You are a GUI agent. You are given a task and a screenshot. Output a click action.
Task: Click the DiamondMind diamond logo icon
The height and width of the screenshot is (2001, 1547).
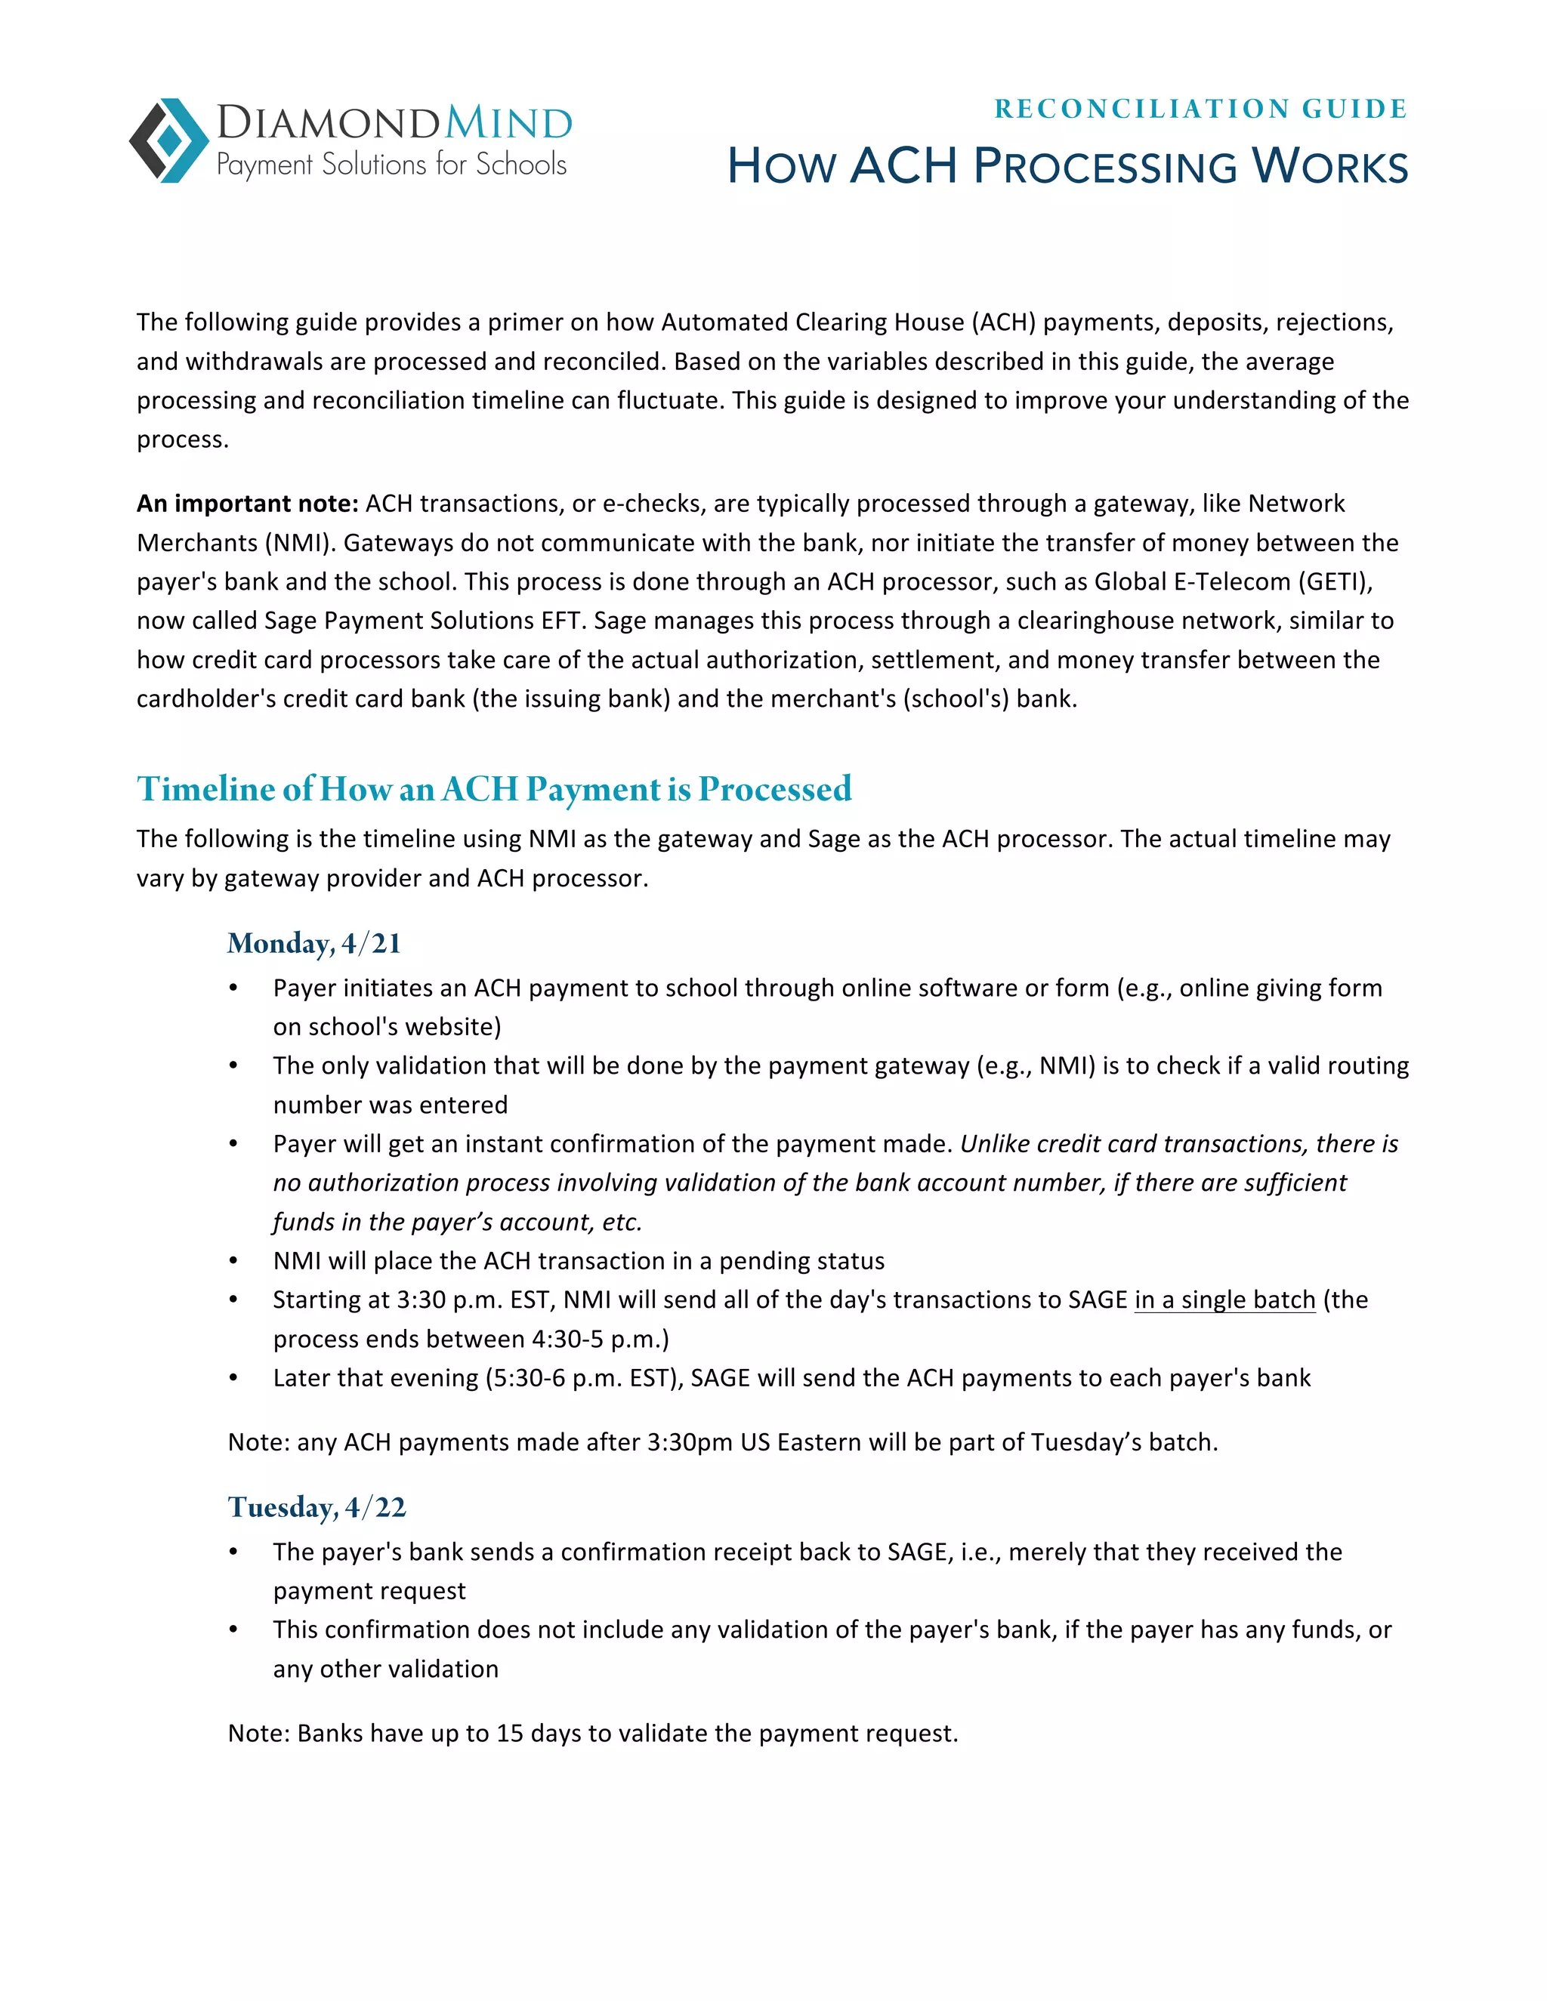tap(169, 140)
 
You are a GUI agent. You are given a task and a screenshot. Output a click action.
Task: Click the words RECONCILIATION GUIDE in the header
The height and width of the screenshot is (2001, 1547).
tap(1200, 109)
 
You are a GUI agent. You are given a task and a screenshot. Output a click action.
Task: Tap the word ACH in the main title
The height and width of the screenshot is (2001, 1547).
tap(903, 167)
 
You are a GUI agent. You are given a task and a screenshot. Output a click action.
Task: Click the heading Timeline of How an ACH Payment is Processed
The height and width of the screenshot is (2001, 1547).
tap(494, 789)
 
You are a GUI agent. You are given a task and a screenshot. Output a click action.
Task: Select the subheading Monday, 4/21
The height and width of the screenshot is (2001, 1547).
tap(313, 944)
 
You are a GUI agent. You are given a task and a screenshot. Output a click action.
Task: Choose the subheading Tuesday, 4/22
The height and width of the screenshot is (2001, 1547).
tap(317, 1507)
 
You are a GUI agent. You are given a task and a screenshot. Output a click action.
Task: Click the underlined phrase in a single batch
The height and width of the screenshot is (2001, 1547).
tap(1224, 1300)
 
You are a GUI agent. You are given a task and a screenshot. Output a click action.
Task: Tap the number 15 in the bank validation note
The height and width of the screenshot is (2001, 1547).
tap(510, 1734)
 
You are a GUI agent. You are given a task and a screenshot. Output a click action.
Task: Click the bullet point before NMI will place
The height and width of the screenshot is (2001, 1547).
tap(233, 1262)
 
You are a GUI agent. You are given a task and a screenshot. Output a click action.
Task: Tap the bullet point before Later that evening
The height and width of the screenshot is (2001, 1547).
tap(233, 1379)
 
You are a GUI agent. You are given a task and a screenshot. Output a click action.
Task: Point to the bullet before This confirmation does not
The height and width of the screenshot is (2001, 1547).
tap(233, 1630)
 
